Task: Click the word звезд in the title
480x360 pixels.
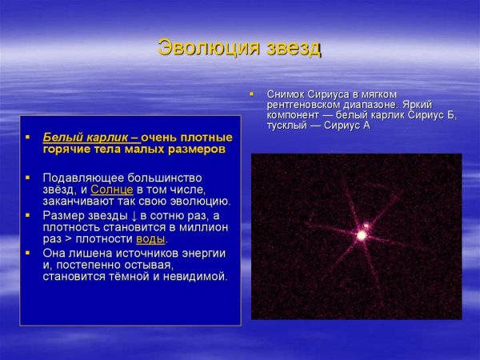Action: (x=292, y=48)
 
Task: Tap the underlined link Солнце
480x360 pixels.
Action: (x=111, y=189)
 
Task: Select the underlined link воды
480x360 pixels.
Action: (x=150, y=238)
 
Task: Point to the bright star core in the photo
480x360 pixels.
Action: (x=362, y=235)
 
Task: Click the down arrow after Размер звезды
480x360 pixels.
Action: (x=134, y=215)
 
